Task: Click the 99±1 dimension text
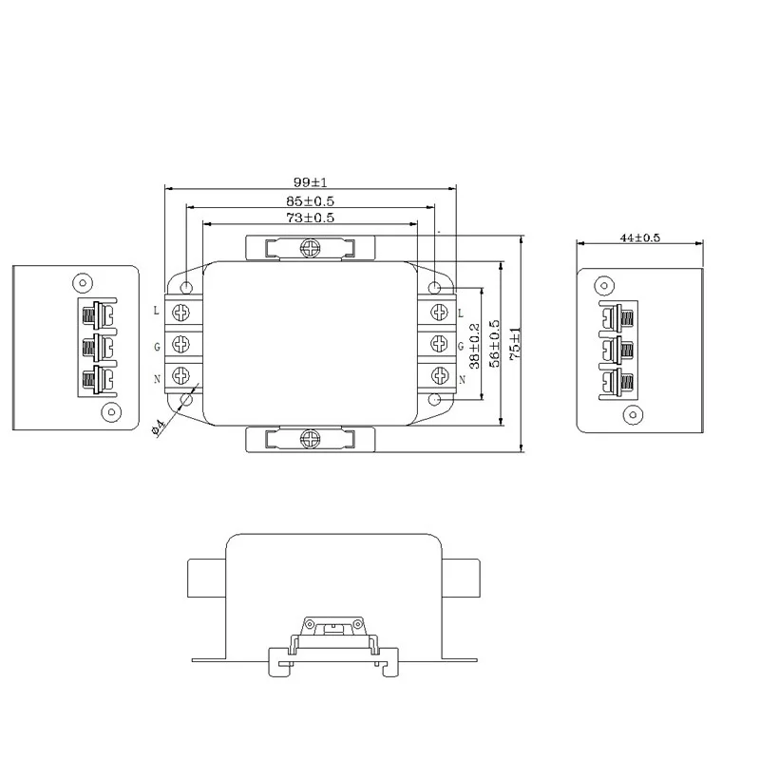tap(311, 181)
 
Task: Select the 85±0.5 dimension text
tap(311, 200)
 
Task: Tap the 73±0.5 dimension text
tap(311, 218)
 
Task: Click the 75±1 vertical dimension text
tap(515, 343)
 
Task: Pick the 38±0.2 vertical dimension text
tap(474, 345)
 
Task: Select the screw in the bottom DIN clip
tap(310, 439)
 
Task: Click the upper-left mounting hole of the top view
tap(186, 288)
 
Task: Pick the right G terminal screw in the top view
tap(439, 343)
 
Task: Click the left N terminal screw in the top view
tap(181, 375)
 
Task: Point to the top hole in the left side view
tap(83, 282)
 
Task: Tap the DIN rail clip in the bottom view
tap(332, 641)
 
